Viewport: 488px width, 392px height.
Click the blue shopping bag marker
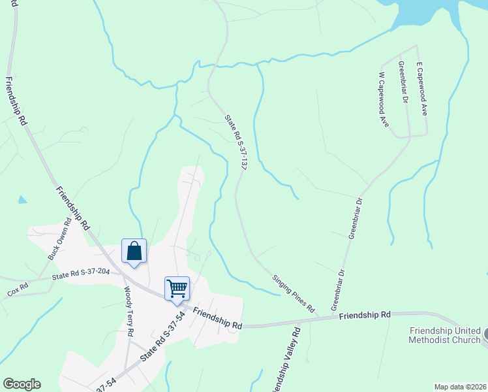pyautogui.click(x=134, y=252)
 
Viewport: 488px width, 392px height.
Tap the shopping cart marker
pyautogui.click(x=177, y=288)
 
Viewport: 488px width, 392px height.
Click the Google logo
pyautogui.click(x=22, y=384)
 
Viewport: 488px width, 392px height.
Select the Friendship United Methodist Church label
pyautogui.click(x=444, y=336)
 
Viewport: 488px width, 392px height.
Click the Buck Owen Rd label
pyautogui.click(x=58, y=245)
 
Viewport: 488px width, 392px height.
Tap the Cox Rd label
pyautogui.click(x=18, y=287)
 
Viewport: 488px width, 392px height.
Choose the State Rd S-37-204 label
pyautogui.click(x=80, y=275)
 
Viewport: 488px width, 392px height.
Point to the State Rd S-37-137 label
pyautogui.click(x=236, y=143)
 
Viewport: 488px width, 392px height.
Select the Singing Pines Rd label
pyautogui.click(x=294, y=293)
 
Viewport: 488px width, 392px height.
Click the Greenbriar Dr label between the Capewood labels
pyautogui.click(x=403, y=82)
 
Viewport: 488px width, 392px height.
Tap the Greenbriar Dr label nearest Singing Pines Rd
pyautogui.click(x=337, y=290)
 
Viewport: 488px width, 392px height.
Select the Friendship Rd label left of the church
pyautogui.click(x=365, y=315)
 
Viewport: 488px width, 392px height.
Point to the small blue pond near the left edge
pyautogui.click(x=23, y=199)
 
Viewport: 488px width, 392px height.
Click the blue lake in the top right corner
pyautogui.click(x=431, y=13)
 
